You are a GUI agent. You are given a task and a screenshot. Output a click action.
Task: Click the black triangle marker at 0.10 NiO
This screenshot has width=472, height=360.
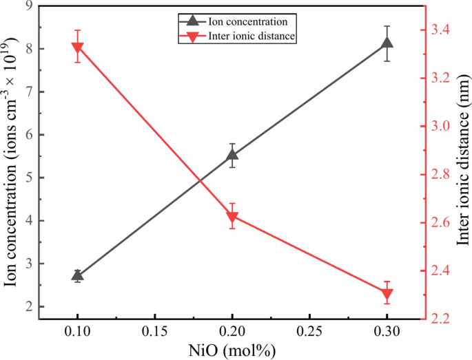click(77, 275)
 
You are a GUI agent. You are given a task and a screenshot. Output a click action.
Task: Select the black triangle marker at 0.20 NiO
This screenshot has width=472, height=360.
click(232, 154)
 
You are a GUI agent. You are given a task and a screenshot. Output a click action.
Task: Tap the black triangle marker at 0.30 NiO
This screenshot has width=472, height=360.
click(387, 43)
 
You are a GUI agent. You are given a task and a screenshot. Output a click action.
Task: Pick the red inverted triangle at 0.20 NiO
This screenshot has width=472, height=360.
click(232, 218)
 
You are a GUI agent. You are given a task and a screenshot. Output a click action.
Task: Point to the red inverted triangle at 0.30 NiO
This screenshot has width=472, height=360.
click(387, 294)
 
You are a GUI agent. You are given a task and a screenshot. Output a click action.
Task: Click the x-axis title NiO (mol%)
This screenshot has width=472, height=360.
click(232, 350)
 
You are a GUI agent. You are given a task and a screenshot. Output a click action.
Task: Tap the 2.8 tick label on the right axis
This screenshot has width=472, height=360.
click(442, 175)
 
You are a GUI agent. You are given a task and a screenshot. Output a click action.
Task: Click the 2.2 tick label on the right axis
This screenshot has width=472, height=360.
click(442, 319)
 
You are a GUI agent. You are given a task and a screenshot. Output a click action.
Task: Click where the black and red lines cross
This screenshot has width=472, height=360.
click(200, 181)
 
